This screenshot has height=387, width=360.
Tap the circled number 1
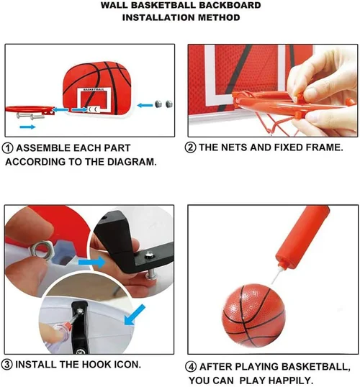(7, 148)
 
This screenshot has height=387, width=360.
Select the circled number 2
(190, 147)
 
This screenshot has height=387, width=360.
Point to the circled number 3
(6, 365)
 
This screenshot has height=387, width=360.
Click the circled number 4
(191, 367)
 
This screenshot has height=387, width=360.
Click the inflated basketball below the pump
(253, 316)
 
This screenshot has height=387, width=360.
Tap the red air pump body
(302, 237)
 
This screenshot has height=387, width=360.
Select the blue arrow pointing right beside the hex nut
(92, 262)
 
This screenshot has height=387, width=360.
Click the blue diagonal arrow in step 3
(135, 315)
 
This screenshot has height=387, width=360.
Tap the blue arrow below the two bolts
(27, 127)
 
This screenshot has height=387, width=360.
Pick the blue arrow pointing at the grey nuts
(145, 106)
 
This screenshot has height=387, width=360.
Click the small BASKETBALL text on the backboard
(94, 89)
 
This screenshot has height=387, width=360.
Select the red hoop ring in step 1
(30, 109)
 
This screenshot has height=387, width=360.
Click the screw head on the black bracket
(149, 254)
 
